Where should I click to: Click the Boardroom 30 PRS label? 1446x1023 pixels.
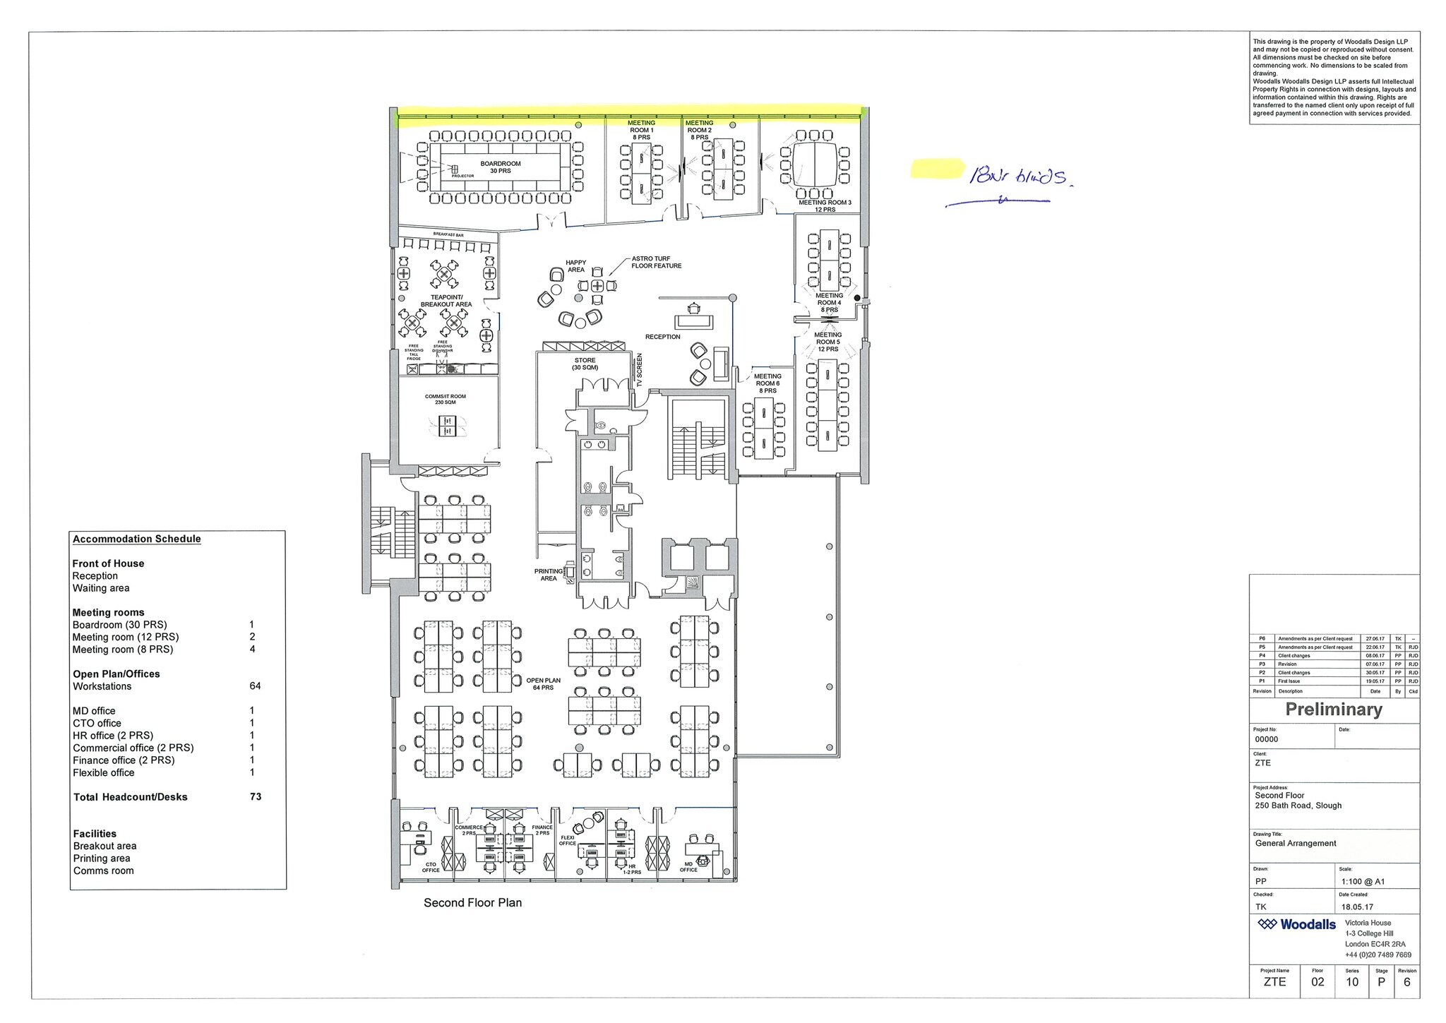pyautogui.click(x=500, y=167)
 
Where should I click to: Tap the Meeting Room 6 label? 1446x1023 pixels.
pyautogui.click(x=767, y=383)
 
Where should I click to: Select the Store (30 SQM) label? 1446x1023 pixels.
pyautogui.click(x=585, y=364)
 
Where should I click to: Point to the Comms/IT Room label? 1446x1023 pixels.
pyautogui.click(x=445, y=400)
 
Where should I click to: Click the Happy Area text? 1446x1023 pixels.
pyautogui.click(x=576, y=266)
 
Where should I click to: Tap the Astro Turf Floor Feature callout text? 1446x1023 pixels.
pyautogui.click(x=656, y=263)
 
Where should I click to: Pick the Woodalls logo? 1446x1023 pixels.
pyautogui.click(x=1297, y=924)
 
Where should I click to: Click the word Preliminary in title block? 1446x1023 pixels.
pyautogui.click(x=1333, y=710)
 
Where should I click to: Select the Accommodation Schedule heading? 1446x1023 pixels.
pyautogui.click(x=137, y=539)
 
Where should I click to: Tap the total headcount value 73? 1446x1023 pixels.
pyautogui.click(x=256, y=796)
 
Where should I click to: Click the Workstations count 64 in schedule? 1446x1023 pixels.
pyautogui.click(x=255, y=686)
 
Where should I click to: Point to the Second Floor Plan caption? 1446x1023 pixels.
pyautogui.click(x=472, y=902)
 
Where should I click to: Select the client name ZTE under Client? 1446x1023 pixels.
pyautogui.click(x=1263, y=763)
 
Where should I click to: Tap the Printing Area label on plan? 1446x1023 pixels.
pyautogui.click(x=549, y=575)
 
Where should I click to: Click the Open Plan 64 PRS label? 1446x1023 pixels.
pyautogui.click(x=543, y=683)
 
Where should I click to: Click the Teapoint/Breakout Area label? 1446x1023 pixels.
pyautogui.click(x=446, y=301)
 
